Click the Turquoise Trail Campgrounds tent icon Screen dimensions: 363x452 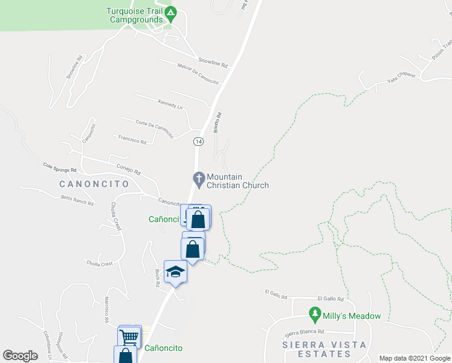(171, 11)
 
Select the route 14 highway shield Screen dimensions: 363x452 (198, 141)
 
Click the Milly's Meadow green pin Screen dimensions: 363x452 (314, 314)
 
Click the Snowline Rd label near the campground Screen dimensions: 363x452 (213, 62)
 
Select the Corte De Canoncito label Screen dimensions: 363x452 (154, 126)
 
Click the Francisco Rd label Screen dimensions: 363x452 (132, 140)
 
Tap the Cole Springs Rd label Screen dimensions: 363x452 (60, 168)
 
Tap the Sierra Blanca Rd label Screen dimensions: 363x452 (305, 332)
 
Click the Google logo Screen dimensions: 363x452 (21, 356)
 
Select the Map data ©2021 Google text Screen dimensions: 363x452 (414, 358)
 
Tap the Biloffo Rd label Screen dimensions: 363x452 (219, 122)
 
